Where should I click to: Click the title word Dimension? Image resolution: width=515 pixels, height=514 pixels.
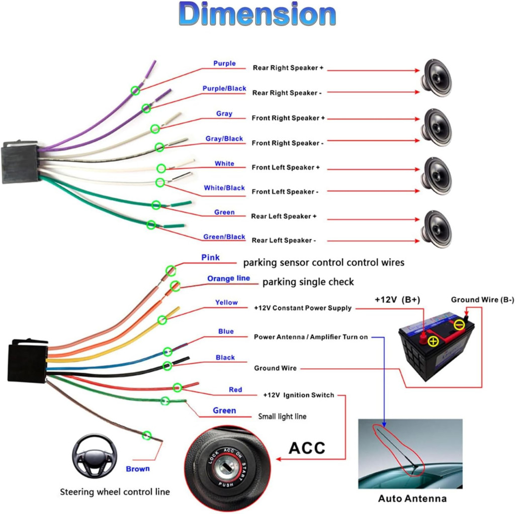pyautogui.click(x=257, y=14)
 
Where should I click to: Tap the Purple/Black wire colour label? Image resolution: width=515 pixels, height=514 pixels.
pyautogui.click(x=224, y=88)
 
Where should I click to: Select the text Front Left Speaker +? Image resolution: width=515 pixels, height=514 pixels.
pyautogui.click(x=286, y=167)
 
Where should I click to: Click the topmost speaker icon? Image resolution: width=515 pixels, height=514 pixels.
pyautogui.click(x=436, y=78)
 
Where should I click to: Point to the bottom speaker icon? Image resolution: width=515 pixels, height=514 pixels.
pyautogui.click(x=436, y=230)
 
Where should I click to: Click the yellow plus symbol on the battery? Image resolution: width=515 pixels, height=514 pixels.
pyautogui.click(x=434, y=341)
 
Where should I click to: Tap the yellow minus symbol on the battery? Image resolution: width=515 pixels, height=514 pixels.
pyautogui.click(x=459, y=325)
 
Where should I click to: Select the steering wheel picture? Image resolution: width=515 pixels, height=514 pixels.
pyautogui.click(x=95, y=456)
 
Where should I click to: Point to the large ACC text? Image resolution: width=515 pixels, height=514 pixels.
pyautogui.click(x=307, y=448)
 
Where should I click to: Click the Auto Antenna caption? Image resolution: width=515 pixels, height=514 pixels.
pyautogui.click(x=412, y=498)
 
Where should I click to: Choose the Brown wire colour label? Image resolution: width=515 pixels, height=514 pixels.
pyautogui.click(x=138, y=469)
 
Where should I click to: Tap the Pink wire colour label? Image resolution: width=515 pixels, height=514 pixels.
pyautogui.click(x=210, y=258)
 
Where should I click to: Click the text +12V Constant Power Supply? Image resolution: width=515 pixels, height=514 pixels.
pyautogui.click(x=302, y=308)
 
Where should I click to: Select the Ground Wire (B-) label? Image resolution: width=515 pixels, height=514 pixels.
pyautogui.click(x=482, y=299)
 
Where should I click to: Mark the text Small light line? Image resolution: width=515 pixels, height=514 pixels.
pyautogui.click(x=282, y=416)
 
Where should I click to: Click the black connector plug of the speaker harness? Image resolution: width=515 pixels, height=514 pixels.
pyautogui.click(x=20, y=162)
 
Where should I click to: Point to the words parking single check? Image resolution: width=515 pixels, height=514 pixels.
pyautogui.click(x=308, y=282)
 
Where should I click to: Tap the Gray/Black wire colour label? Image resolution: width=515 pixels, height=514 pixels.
pyautogui.click(x=224, y=139)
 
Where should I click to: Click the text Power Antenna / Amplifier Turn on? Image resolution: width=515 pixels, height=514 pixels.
pyautogui.click(x=311, y=337)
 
